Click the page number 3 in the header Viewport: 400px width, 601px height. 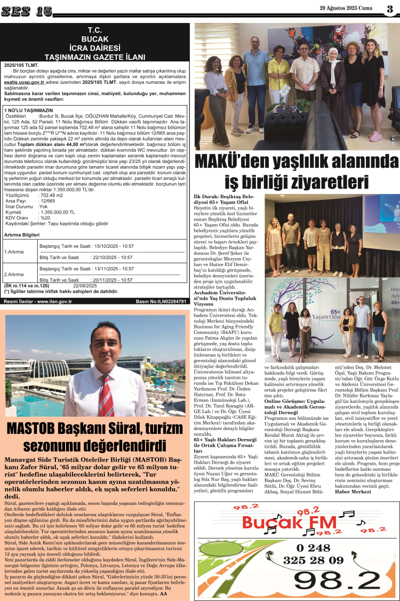pos(390,9)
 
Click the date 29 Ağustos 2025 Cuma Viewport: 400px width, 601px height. pos(347,8)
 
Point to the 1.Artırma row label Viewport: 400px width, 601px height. pos(14,251)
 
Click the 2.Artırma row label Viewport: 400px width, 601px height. pos(14,274)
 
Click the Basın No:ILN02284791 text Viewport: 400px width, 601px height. pos(161,301)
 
